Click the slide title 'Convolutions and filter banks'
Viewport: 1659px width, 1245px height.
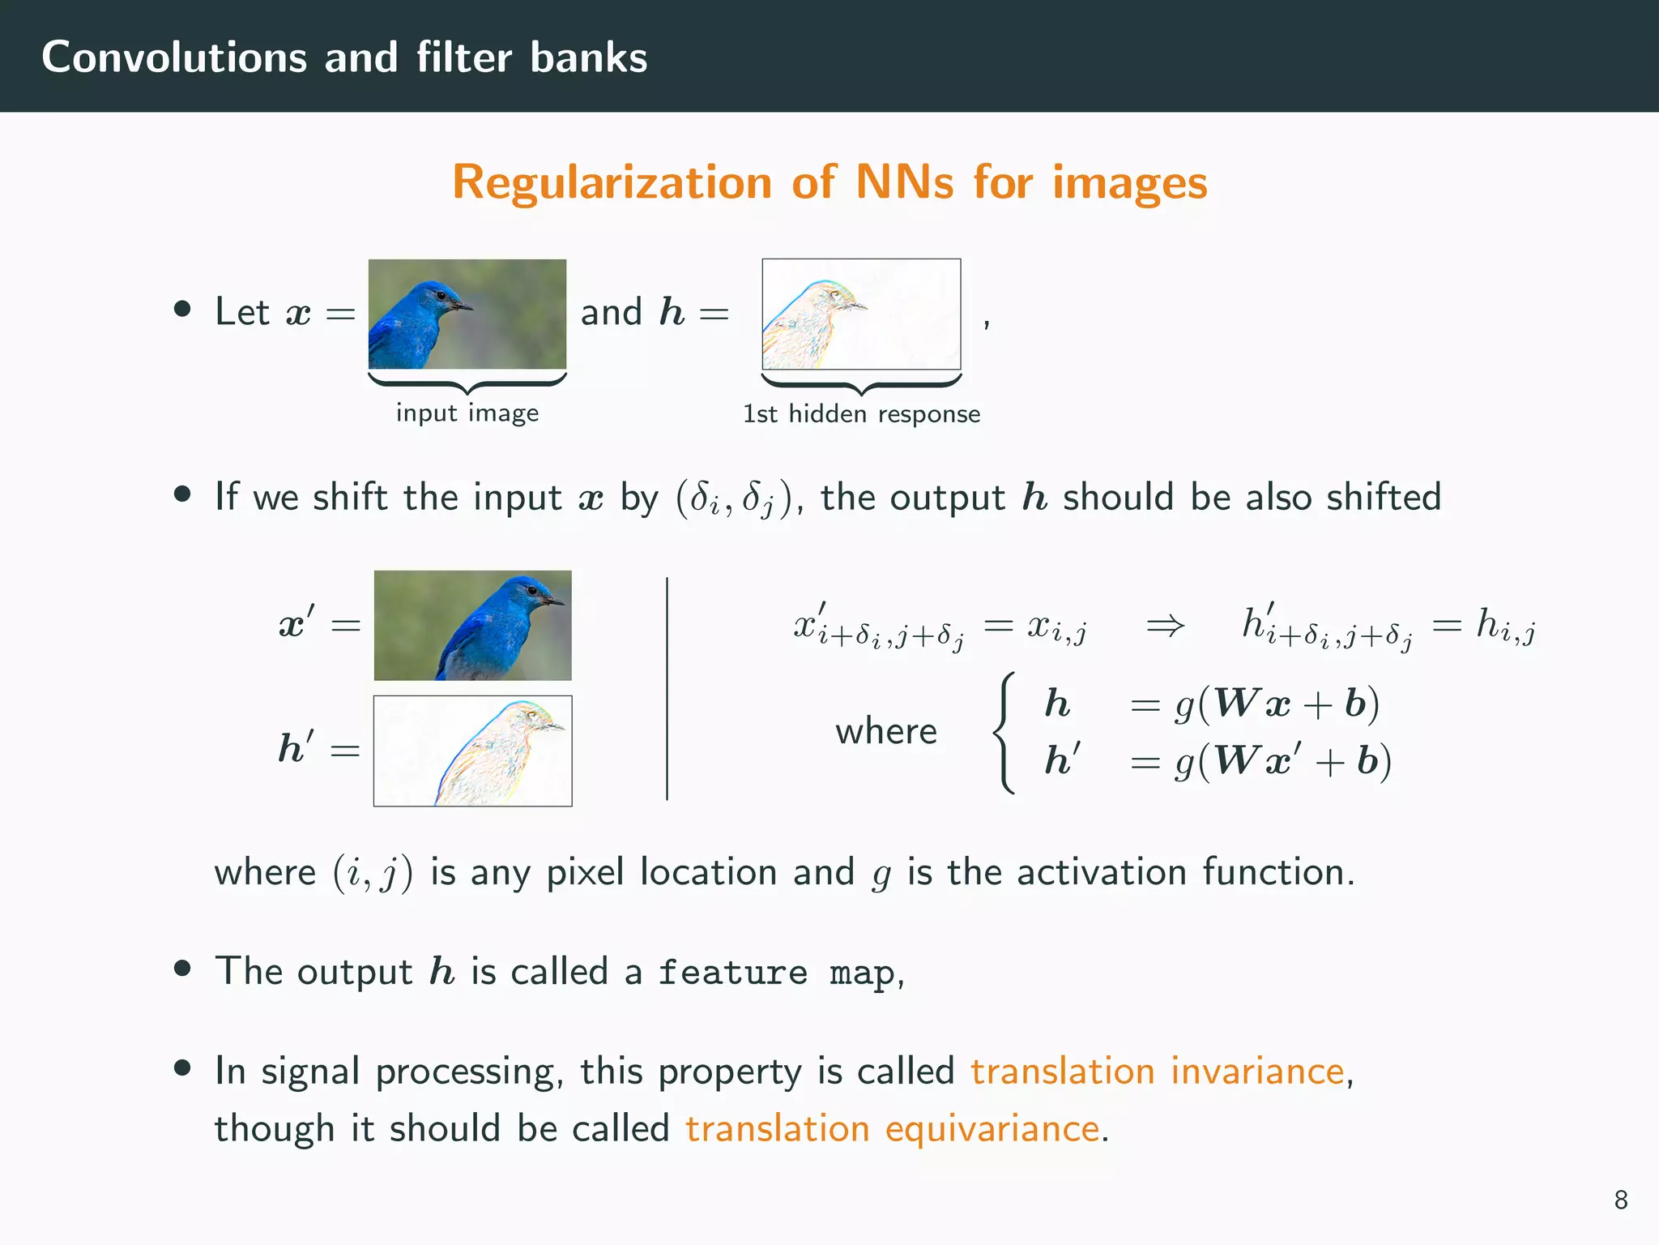344,58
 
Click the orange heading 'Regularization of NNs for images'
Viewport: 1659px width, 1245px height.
829,182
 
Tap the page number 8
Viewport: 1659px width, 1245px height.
1620,1200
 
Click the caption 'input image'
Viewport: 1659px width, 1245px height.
467,413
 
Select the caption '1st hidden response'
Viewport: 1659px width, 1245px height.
861,414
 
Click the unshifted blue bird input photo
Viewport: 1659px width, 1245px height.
467,314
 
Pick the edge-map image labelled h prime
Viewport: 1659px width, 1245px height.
472,751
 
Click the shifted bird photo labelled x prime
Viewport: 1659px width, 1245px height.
472,625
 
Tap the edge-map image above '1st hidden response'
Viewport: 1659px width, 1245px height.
861,314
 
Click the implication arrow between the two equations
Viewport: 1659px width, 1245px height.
1165,626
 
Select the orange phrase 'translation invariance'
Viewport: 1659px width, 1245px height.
1158,1071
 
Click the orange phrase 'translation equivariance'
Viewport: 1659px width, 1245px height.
892,1128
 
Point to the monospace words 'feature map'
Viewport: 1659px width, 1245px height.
777,973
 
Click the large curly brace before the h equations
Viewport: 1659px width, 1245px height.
1004,732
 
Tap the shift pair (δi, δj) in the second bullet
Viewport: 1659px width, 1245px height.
733,498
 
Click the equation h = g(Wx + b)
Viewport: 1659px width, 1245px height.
1212,704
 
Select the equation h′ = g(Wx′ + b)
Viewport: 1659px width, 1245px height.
1218,761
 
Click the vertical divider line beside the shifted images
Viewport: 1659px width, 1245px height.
667,688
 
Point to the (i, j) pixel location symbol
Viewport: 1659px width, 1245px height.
373,873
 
